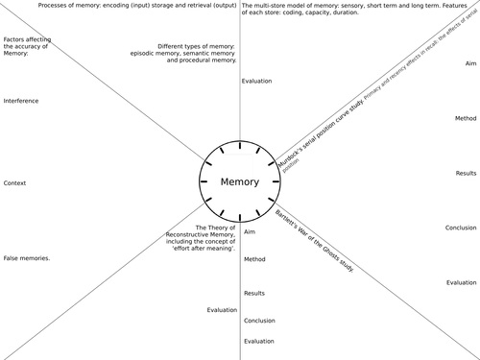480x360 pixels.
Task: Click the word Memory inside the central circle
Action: coord(239,182)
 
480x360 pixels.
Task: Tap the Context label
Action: coord(14,182)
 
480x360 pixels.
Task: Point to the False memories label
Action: coord(27,258)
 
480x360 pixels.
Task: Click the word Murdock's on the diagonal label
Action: coord(289,151)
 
